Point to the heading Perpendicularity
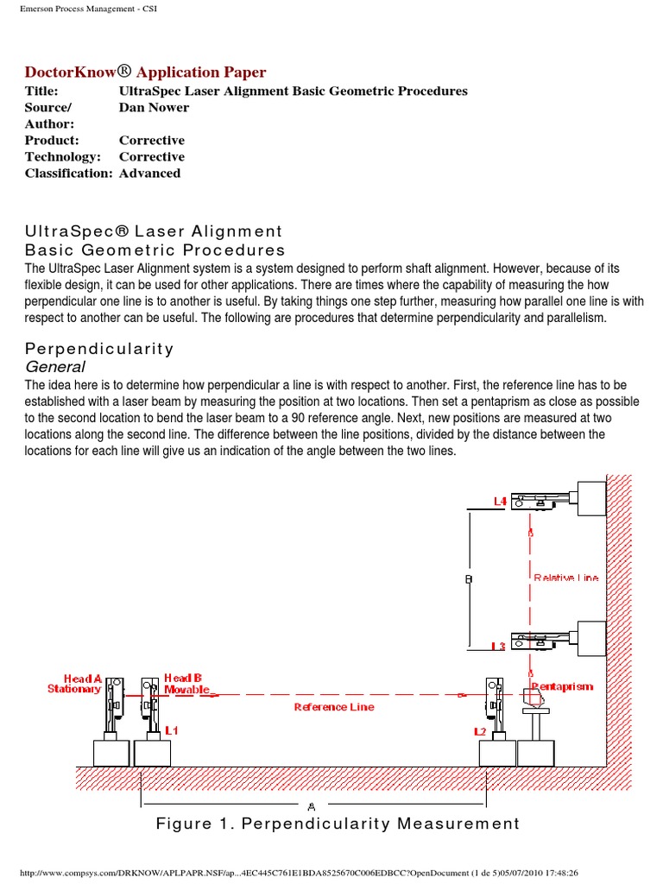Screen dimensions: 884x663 (x=99, y=349)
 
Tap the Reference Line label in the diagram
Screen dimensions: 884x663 (x=334, y=707)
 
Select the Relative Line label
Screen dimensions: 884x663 (x=565, y=578)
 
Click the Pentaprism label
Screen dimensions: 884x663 (x=563, y=686)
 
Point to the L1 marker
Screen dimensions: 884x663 (x=171, y=730)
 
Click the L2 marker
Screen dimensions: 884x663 (x=480, y=731)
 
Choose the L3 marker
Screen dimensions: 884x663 (x=498, y=646)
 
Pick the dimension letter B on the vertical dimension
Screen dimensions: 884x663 (x=469, y=580)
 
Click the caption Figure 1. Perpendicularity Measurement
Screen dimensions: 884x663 (x=338, y=824)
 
